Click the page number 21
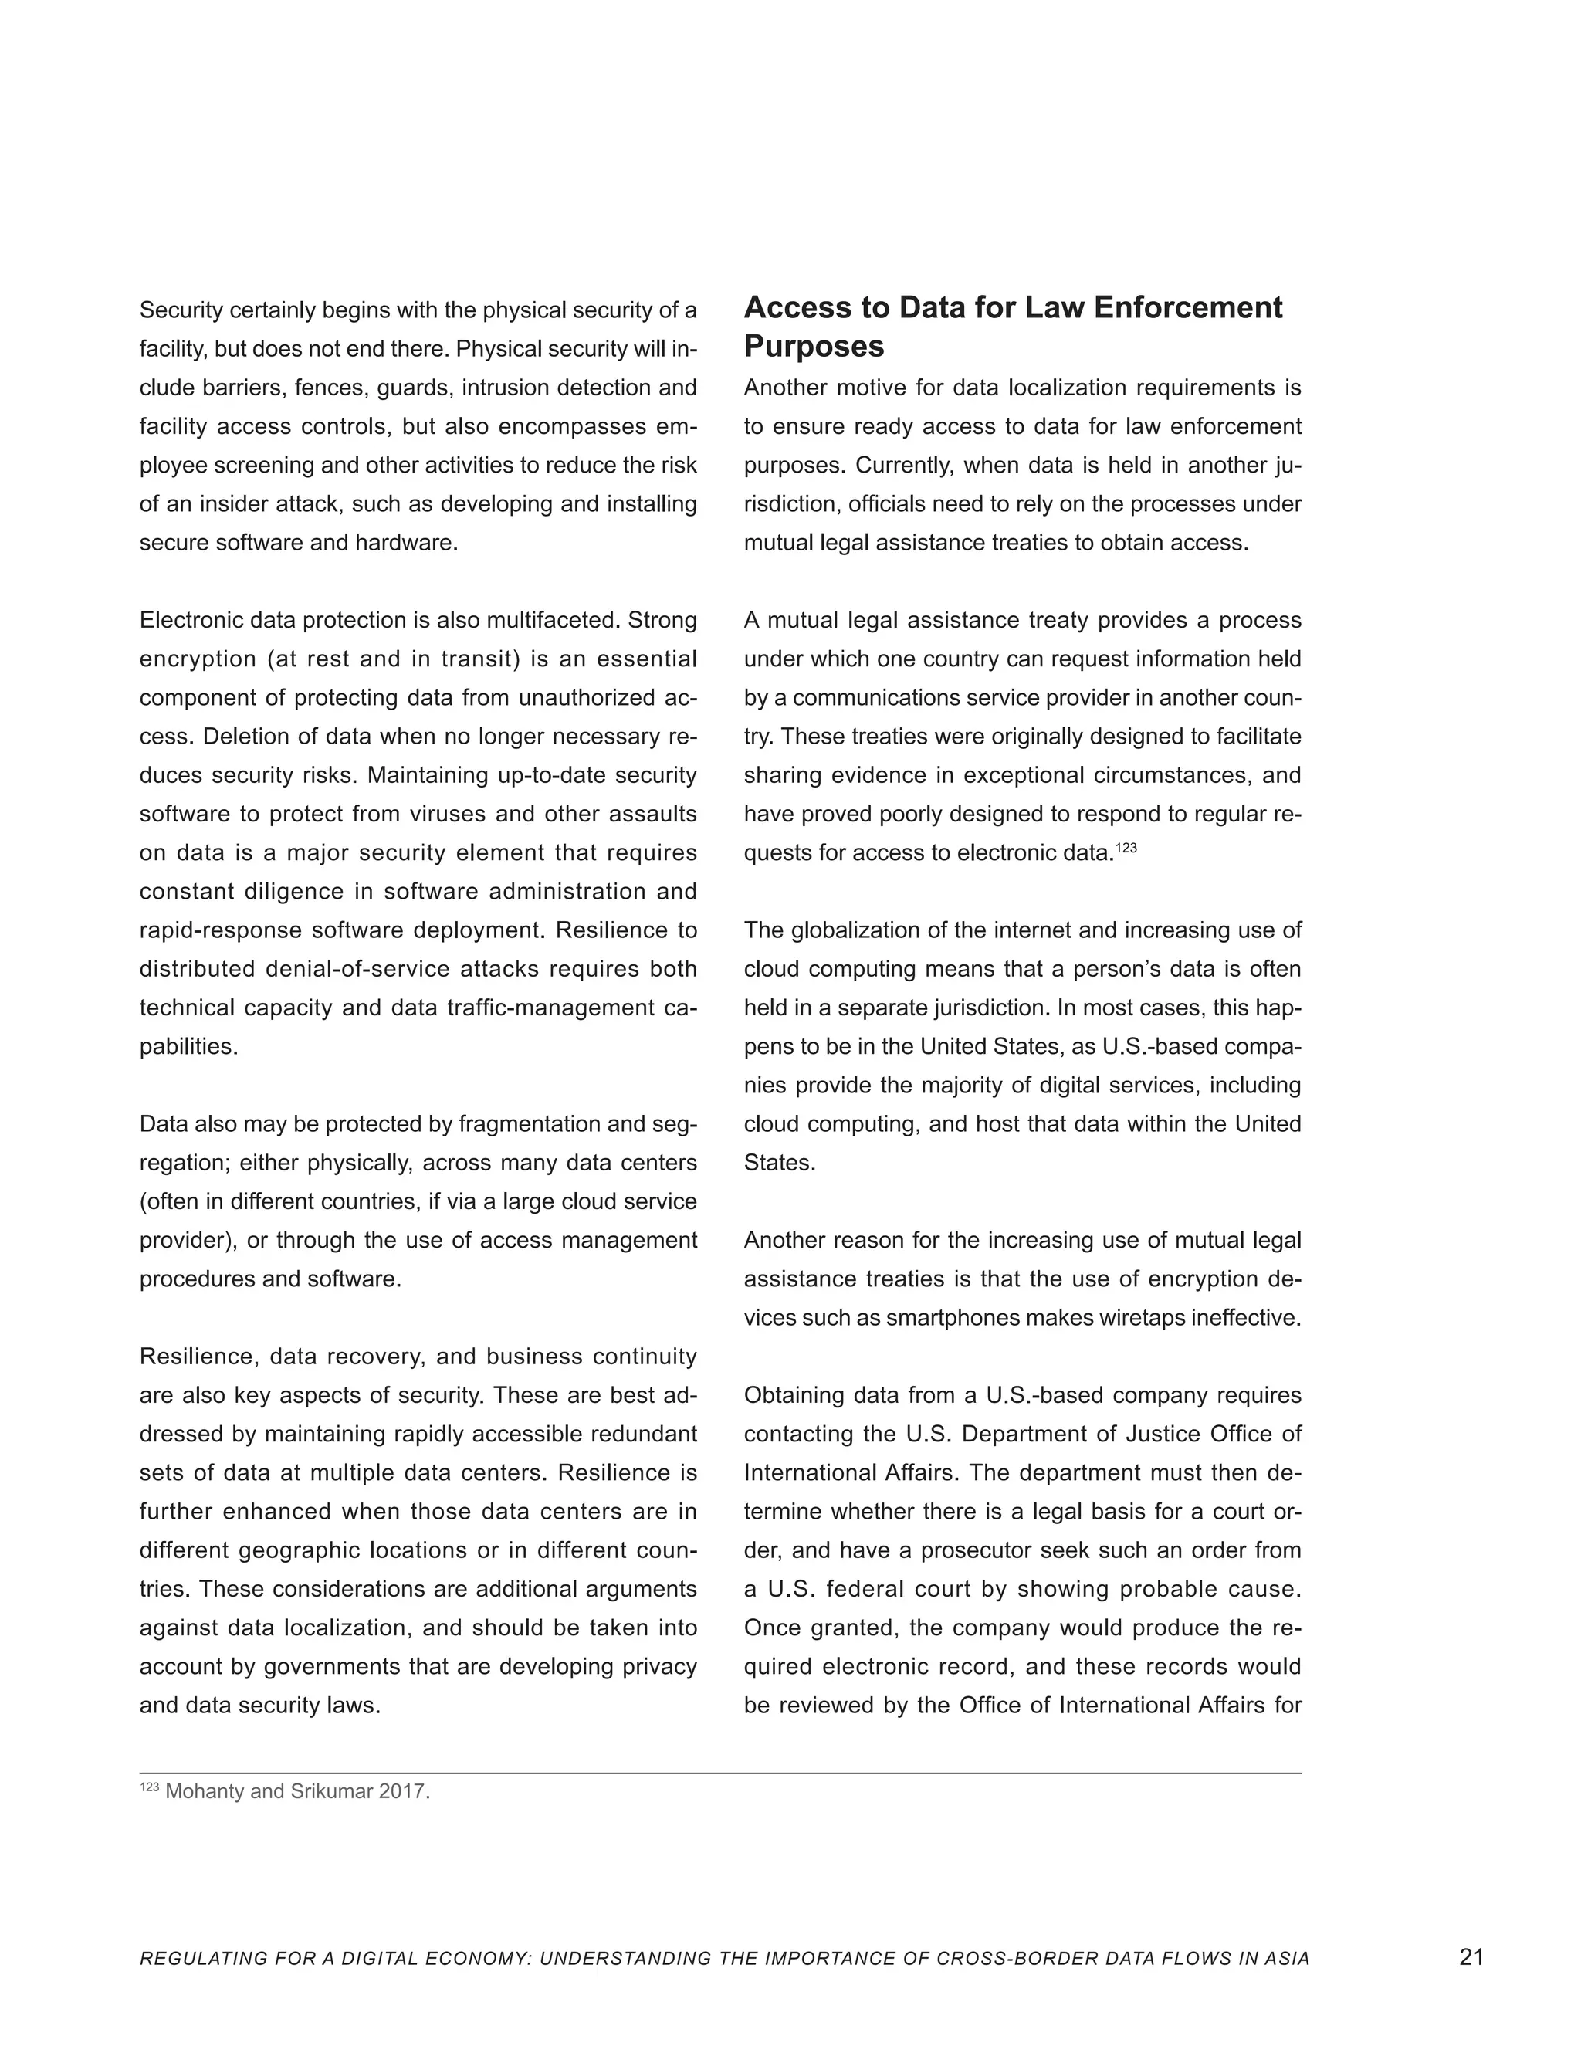click(x=1471, y=1956)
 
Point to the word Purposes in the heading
click(x=814, y=347)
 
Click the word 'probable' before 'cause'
click(x=1160, y=1590)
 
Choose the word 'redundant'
click(x=652, y=1435)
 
